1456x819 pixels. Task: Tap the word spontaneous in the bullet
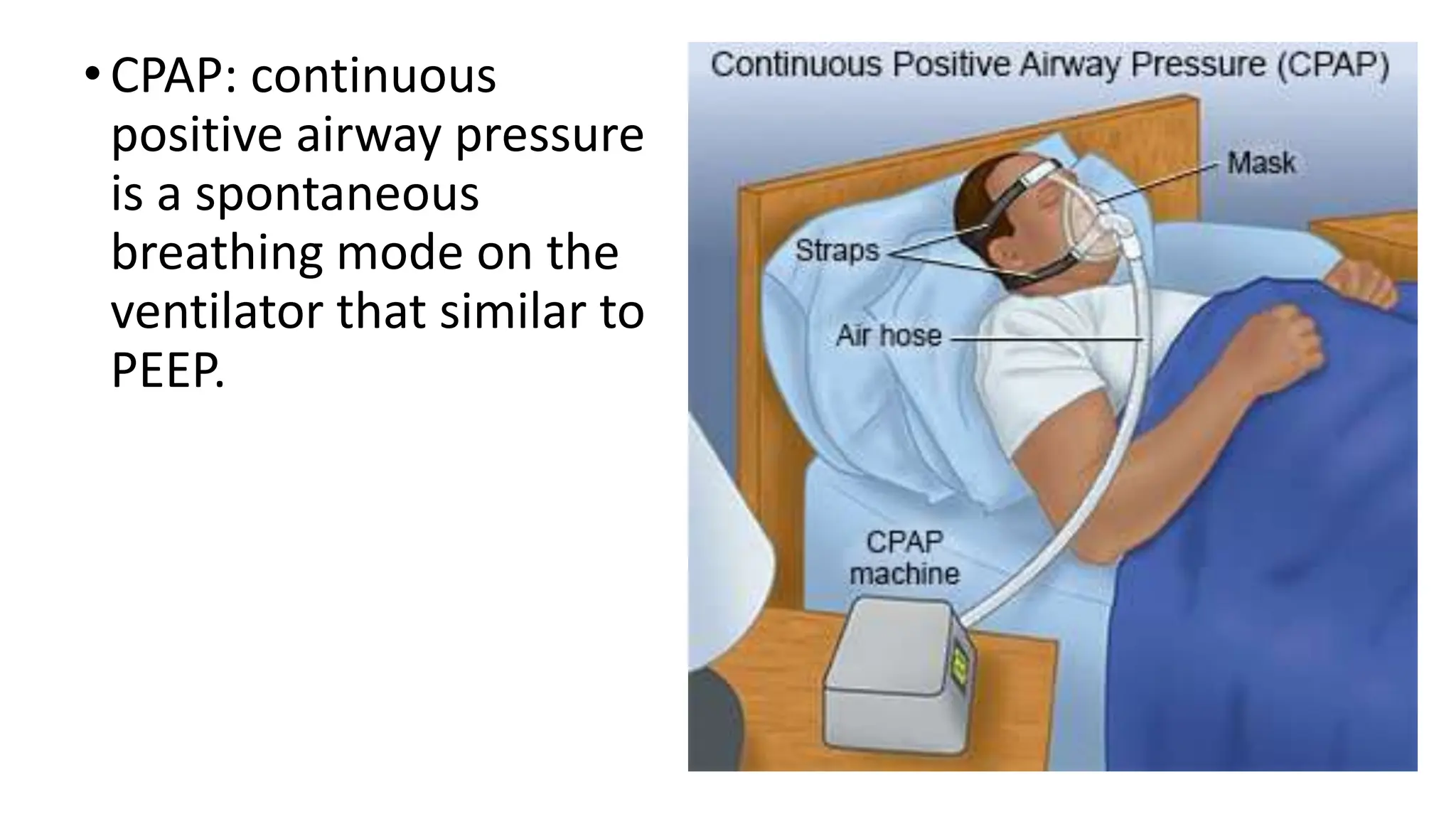337,194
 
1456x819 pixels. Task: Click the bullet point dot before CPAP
92,74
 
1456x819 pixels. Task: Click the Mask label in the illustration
1261,164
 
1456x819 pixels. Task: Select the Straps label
837,250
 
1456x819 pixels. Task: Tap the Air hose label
888,336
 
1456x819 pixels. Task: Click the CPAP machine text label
904,558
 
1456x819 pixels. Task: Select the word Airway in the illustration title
1072,65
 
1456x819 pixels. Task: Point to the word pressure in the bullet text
549,135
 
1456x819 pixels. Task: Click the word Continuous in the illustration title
797,65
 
